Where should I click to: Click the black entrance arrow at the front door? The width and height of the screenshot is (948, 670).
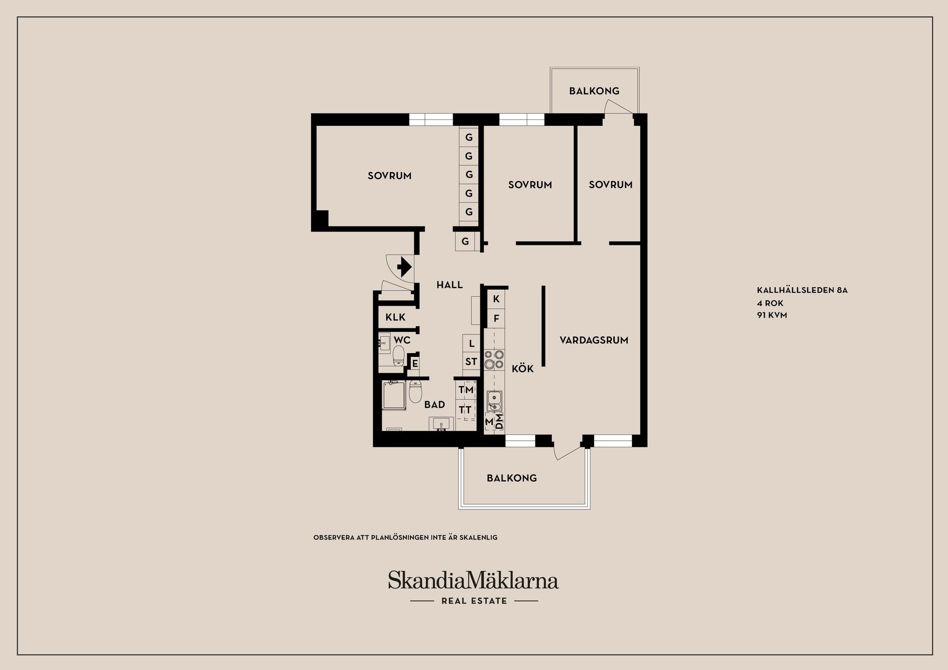pyautogui.click(x=404, y=267)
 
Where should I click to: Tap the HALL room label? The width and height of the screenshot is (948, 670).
pyautogui.click(x=449, y=285)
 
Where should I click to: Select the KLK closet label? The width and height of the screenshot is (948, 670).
pyautogui.click(x=395, y=317)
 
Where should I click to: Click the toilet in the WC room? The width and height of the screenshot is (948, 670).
pyautogui.click(x=399, y=355)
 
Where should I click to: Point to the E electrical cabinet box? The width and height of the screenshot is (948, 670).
pyautogui.click(x=415, y=364)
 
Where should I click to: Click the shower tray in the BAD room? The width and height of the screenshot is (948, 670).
pyautogui.click(x=394, y=395)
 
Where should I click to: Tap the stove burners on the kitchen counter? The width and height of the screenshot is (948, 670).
pyautogui.click(x=494, y=359)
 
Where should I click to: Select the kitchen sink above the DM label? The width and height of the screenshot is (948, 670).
pyautogui.click(x=494, y=400)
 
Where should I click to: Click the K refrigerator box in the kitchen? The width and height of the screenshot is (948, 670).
pyautogui.click(x=496, y=299)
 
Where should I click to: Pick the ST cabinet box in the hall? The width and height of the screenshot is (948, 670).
pyautogui.click(x=471, y=362)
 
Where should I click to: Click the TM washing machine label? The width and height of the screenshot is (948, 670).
pyautogui.click(x=466, y=390)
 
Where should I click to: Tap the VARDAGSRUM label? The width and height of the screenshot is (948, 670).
pyautogui.click(x=593, y=340)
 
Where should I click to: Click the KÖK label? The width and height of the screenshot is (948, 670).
pyautogui.click(x=522, y=369)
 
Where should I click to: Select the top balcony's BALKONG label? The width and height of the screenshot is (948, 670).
pyautogui.click(x=594, y=91)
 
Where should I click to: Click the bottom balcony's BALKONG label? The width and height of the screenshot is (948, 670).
pyautogui.click(x=512, y=478)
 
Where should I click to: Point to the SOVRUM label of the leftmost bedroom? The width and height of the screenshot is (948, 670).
pyautogui.click(x=390, y=176)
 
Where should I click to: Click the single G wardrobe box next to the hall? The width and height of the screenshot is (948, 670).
pyautogui.click(x=465, y=242)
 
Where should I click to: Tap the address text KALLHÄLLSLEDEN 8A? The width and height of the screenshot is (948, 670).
pyautogui.click(x=802, y=290)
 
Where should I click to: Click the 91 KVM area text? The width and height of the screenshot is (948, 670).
pyautogui.click(x=772, y=315)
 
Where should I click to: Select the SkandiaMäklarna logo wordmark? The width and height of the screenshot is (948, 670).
pyautogui.click(x=473, y=580)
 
